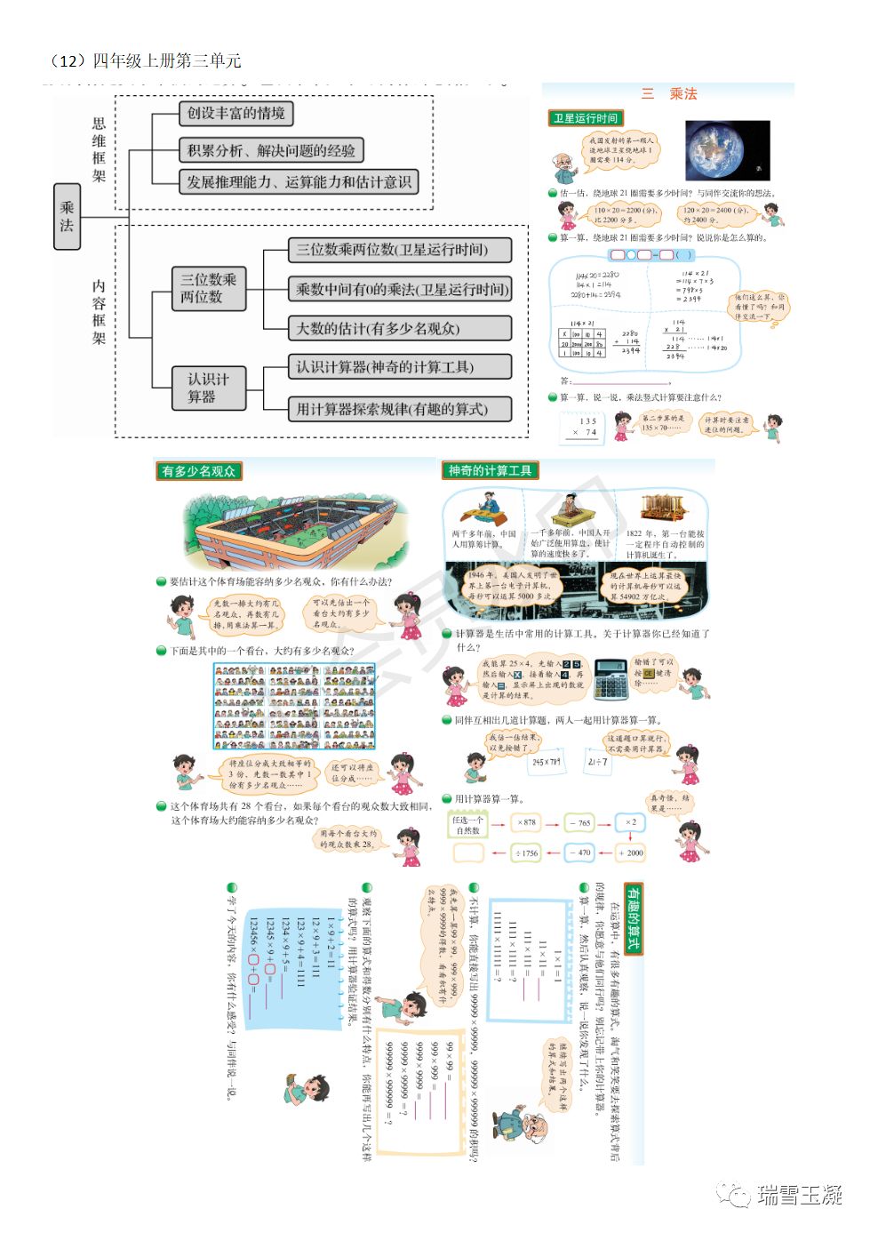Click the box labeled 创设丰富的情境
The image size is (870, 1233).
coord(235,113)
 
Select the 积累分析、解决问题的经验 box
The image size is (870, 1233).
coord(271,150)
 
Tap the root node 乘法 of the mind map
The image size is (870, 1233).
coord(67,216)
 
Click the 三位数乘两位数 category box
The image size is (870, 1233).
coord(208,288)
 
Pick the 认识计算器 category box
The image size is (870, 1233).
coord(208,388)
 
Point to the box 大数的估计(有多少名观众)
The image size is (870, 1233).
coord(399,328)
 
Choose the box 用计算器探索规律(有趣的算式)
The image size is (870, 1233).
coord(399,409)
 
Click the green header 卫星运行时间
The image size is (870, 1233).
coord(585,118)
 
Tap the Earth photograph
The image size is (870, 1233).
coord(727,150)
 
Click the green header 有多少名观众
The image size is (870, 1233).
coord(198,471)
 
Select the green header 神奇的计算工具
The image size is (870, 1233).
coord(490,470)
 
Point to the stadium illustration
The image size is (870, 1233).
coord(289,529)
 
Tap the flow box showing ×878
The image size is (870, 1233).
coord(527,822)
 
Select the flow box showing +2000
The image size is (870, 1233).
coord(630,853)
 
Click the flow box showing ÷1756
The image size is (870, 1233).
coord(527,853)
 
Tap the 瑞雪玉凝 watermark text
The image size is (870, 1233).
coord(798,1195)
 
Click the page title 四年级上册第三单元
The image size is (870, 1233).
coord(166,60)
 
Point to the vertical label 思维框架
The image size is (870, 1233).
coord(99,149)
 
